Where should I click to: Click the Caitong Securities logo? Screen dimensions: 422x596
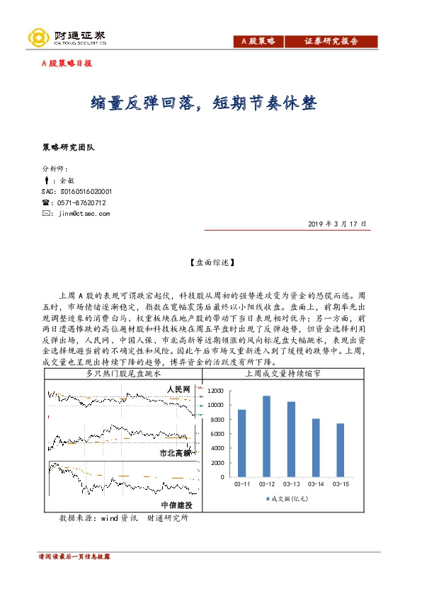(x=67, y=38)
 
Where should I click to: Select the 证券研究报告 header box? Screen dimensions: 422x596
(x=331, y=42)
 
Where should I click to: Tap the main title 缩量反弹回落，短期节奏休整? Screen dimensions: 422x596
(x=205, y=105)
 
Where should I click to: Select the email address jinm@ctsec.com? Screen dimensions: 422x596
(x=83, y=212)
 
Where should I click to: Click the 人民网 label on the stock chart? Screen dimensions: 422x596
(x=178, y=390)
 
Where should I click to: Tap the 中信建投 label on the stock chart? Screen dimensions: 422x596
(x=176, y=505)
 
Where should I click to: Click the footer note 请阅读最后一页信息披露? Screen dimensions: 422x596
(x=74, y=557)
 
